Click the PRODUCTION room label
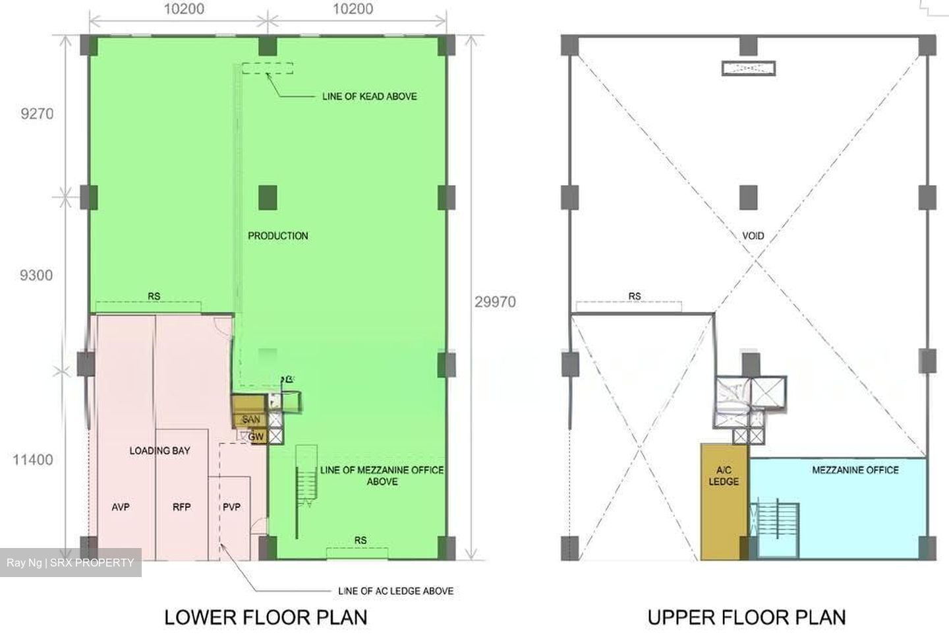278,235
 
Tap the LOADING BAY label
159,450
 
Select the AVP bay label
121,507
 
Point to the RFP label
182,507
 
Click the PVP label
232,507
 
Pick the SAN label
251,419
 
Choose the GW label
256,437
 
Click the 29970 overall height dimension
496,302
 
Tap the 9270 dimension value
38,113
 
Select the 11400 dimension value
33,460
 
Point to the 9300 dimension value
36,275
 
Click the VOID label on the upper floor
753,235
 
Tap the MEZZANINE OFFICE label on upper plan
855,470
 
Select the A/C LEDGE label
724,476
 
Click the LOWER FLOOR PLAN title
266,617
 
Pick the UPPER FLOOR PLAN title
747,617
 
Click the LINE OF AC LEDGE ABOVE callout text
395,591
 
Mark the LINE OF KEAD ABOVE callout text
370,96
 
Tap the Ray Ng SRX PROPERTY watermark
71,563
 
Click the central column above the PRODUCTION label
268,198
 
